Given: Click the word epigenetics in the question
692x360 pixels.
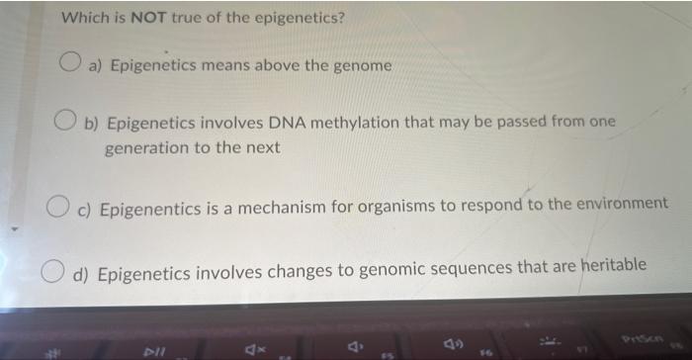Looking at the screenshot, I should [x=296, y=18].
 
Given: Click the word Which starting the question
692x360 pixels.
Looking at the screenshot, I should [x=82, y=18].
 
